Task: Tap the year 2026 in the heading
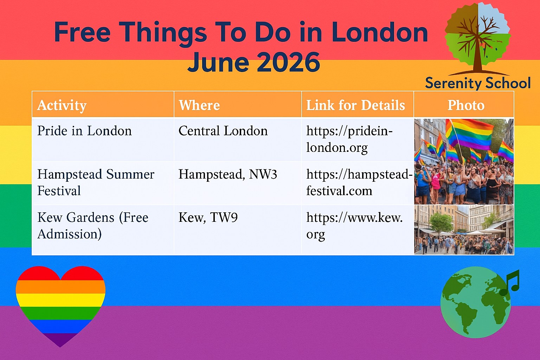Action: click(288, 62)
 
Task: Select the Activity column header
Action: click(62, 105)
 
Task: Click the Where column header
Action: click(199, 105)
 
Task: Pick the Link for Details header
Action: click(355, 105)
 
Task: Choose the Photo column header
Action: click(466, 105)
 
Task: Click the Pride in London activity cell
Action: click(84, 131)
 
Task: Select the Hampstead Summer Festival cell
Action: click(96, 182)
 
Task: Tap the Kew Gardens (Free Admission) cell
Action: click(93, 226)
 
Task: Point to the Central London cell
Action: click(223, 131)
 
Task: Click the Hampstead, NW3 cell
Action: click(227, 174)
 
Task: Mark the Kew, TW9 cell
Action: click(208, 218)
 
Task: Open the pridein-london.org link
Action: click(349, 139)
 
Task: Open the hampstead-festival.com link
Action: click(359, 182)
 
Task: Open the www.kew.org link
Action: click(354, 226)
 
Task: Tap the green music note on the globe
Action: click(509, 283)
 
